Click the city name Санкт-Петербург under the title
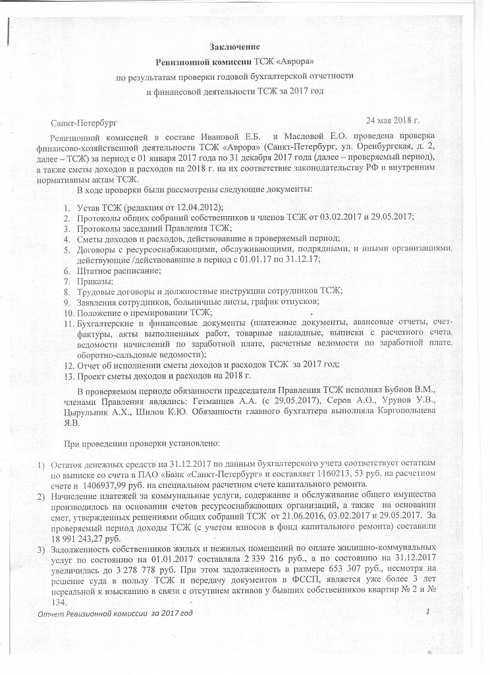(x=88, y=123)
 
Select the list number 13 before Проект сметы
(x=68, y=376)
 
